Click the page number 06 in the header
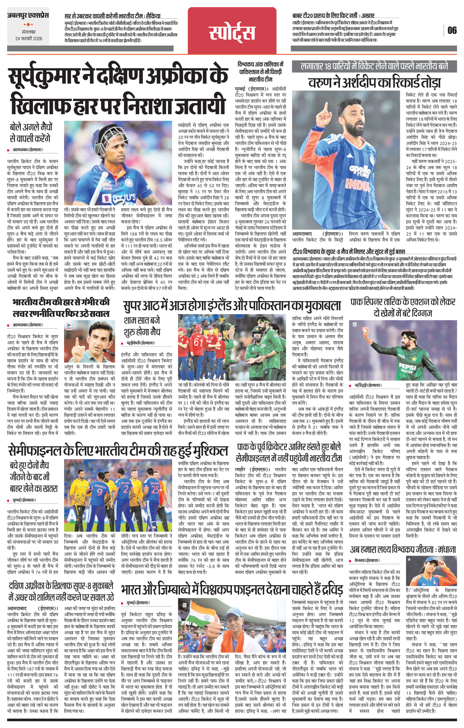(452, 30)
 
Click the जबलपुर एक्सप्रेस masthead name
(28, 15)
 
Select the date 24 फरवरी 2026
(29, 39)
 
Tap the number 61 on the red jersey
(199, 342)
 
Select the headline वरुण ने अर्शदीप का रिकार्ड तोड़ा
(375, 82)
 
